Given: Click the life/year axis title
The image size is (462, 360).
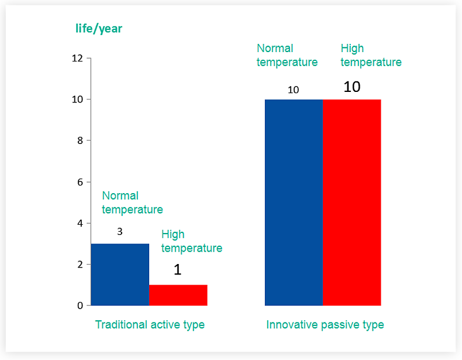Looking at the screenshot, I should [x=99, y=28].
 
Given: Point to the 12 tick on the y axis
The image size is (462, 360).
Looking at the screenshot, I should [x=77, y=58].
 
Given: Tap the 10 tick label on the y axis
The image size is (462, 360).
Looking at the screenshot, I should [x=77, y=100].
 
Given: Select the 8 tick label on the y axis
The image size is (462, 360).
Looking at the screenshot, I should [x=80, y=140].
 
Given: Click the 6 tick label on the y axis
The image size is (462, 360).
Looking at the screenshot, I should [x=80, y=182].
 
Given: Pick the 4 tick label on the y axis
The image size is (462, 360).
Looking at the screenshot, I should [x=80, y=223].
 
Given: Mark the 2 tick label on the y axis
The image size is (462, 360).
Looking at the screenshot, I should [x=80, y=265].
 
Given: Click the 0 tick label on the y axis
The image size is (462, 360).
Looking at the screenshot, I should [x=80, y=306].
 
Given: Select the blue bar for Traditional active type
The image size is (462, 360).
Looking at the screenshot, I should [x=120, y=275].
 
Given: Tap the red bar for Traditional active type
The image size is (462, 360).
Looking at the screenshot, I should [x=178, y=295].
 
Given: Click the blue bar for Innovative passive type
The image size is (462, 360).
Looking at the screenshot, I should [x=294, y=202].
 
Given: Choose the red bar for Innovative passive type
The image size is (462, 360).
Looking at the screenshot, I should [x=351, y=202].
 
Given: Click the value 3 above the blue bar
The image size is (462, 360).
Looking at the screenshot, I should [x=120, y=232].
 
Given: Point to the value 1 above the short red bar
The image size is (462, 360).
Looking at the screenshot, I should [x=178, y=270].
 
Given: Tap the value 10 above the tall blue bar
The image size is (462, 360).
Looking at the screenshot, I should [x=293, y=90].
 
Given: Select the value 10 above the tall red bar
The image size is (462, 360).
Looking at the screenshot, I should [x=351, y=87].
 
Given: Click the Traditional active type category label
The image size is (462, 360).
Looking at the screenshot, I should [x=150, y=324].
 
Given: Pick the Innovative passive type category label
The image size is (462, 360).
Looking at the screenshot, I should [x=325, y=324].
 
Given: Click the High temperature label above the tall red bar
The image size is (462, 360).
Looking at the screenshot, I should [x=371, y=55].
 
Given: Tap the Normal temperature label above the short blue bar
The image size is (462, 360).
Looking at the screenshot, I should [x=132, y=203].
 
